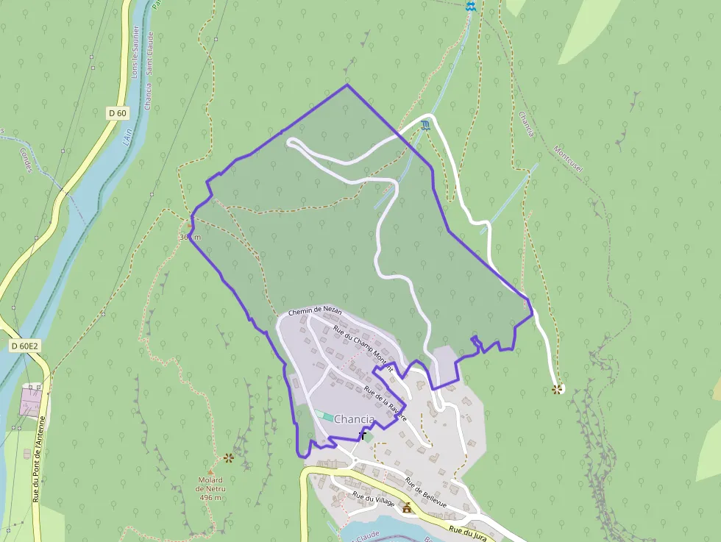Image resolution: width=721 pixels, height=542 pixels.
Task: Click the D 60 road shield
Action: coord(117,113)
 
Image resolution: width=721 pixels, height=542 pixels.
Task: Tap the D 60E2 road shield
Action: coord(24,345)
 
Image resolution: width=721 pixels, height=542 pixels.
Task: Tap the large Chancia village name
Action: coord(354,419)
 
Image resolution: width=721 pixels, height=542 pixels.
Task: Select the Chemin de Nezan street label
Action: coord(315,312)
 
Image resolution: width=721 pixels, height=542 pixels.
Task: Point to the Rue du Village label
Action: coord(374,499)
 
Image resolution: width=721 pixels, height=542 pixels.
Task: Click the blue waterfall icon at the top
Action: coord(471,7)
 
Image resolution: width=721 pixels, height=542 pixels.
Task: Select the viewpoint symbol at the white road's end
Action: coord(558,389)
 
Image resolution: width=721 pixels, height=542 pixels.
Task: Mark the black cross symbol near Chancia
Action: coord(363,435)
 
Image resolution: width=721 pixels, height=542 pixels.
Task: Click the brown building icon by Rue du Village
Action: coord(406,507)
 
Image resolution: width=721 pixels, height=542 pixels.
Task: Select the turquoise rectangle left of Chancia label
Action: coord(324,416)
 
